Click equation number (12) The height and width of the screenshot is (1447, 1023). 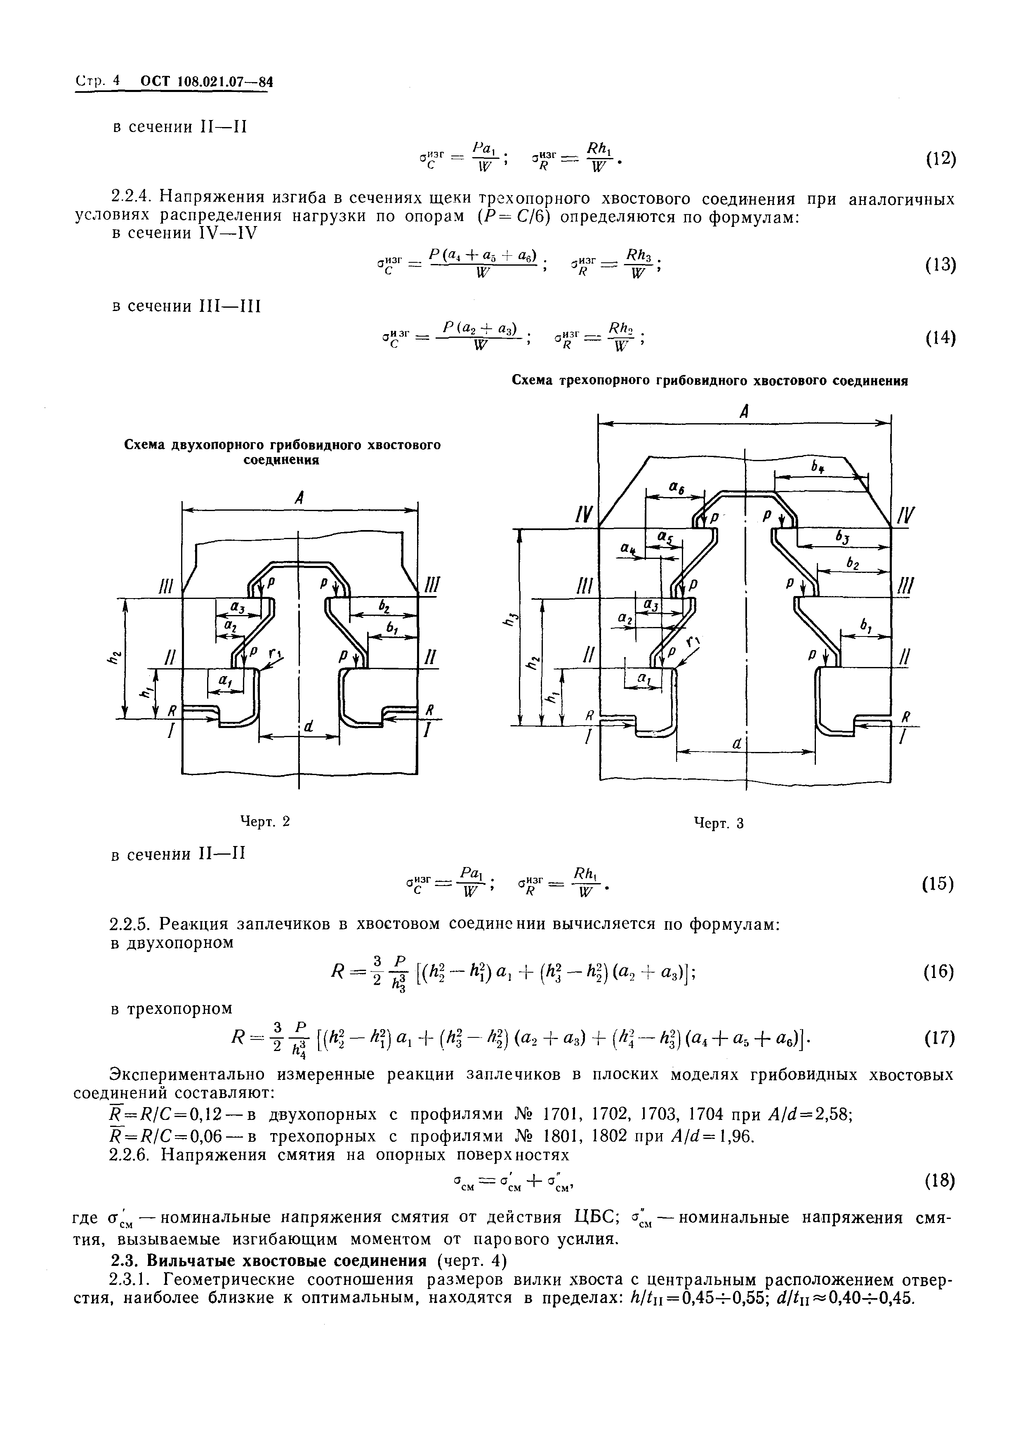click(940, 160)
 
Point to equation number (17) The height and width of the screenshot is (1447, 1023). click(940, 1037)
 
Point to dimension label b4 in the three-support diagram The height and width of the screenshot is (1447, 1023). click(818, 467)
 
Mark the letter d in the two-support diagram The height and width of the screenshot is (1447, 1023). click(308, 727)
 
